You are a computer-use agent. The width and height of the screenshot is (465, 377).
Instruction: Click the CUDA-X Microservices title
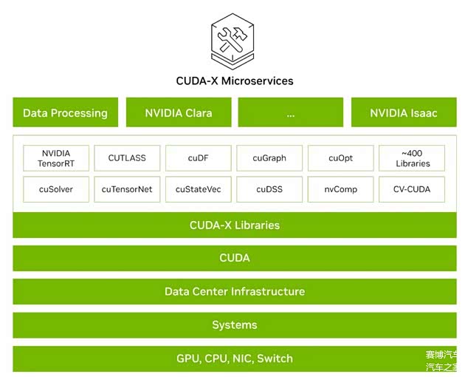coord(234,81)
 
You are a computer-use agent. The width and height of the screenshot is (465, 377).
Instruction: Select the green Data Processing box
coord(65,113)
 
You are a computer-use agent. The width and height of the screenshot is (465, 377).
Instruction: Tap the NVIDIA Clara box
coord(178,113)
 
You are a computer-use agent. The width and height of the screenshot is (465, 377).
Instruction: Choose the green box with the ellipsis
coord(290,113)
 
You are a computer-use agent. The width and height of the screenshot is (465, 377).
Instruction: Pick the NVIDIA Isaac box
coord(403,113)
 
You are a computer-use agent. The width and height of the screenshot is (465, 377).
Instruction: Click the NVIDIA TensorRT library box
coord(56,158)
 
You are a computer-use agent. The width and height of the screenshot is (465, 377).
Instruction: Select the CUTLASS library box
coord(127,158)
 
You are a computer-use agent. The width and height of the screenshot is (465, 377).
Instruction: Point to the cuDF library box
coord(198,158)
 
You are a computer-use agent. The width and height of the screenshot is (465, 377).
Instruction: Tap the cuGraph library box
coord(269,158)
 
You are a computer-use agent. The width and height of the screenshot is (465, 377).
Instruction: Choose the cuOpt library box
coord(340,158)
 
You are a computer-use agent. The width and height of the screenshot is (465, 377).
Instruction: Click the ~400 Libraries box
coord(412,158)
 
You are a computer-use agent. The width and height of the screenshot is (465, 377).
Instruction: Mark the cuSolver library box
coord(56,189)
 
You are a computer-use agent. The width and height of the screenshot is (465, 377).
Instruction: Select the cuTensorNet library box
coord(127,189)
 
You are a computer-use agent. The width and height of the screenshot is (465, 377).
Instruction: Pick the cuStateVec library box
coord(198,189)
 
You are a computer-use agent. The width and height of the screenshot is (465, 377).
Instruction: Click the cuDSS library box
coord(269,189)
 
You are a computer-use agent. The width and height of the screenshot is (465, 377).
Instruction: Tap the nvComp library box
coord(340,189)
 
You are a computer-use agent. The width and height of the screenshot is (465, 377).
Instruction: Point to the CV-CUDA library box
coord(412,189)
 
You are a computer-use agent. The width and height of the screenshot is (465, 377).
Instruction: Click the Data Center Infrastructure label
coord(234,291)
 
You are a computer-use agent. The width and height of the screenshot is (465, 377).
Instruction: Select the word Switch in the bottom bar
coord(274,359)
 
